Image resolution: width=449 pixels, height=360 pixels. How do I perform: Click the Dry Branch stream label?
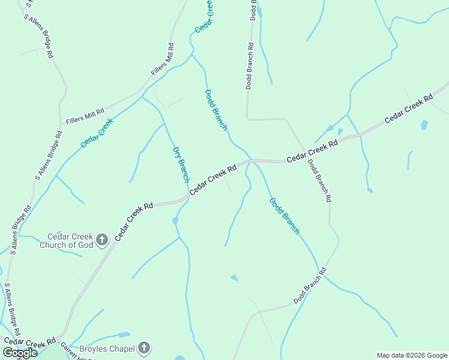click(181, 164)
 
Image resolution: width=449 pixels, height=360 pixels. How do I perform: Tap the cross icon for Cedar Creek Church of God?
click(101, 240)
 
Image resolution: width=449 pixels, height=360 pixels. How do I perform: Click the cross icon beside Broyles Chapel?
click(143, 347)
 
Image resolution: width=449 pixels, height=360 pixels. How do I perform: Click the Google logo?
click(20, 352)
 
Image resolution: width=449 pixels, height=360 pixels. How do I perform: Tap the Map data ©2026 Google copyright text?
click(412, 355)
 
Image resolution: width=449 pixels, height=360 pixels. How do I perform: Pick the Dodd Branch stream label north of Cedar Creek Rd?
click(216, 110)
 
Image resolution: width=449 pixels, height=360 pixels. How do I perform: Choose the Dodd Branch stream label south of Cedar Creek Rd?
click(284, 215)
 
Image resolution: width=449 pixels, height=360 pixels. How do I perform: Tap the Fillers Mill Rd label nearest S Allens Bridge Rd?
click(85, 112)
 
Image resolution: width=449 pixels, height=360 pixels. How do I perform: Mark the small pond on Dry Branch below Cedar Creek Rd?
click(175, 221)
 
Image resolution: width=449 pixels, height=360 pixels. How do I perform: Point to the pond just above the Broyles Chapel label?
click(123, 334)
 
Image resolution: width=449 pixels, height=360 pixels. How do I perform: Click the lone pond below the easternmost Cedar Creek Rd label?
click(424, 125)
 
